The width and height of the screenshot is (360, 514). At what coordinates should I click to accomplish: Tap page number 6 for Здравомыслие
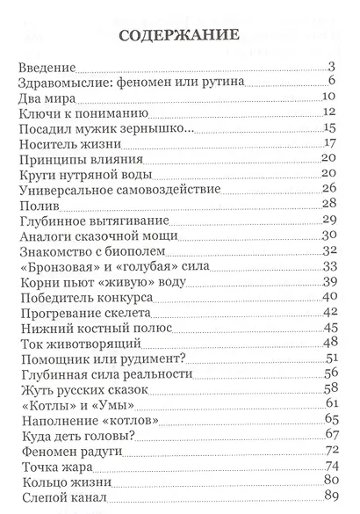[x=335, y=82]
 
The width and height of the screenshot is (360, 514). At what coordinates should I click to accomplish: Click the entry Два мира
[x=46, y=97]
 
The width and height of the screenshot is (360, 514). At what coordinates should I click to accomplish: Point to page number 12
[x=331, y=112]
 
